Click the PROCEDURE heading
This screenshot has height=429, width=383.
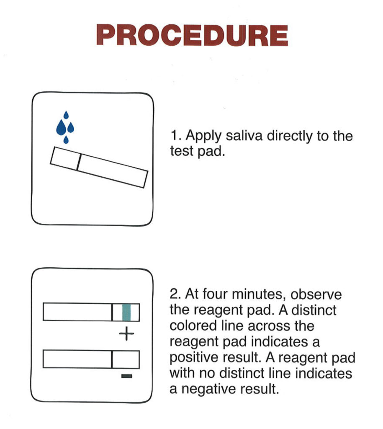(192, 35)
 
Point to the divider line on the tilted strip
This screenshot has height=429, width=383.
(78, 162)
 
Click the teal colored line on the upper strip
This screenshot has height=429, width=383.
(126, 312)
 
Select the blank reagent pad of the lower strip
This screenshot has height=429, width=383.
(126, 359)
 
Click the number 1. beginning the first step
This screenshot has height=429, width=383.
(175, 137)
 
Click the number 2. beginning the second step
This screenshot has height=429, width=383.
(175, 295)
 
